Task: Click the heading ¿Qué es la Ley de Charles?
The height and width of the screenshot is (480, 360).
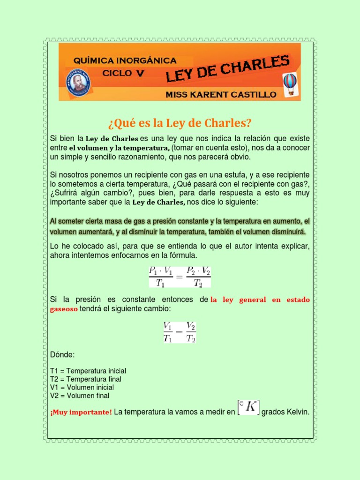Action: coord(180,123)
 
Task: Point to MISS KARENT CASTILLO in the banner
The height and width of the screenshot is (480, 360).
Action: coord(221,94)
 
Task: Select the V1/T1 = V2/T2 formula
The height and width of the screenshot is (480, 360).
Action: coord(179,332)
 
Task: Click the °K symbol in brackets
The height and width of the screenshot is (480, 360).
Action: coord(248,407)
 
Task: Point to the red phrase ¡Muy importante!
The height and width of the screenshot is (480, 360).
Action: coord(81,412)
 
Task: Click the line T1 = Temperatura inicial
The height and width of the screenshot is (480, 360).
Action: coord(88,371)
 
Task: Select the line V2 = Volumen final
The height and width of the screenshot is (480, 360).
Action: coord(79,396)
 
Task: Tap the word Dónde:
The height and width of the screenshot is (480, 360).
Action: coord(62,354)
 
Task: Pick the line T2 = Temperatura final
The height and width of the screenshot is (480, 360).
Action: coord(85,379)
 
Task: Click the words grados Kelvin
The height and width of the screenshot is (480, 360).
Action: coord(285,412)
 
